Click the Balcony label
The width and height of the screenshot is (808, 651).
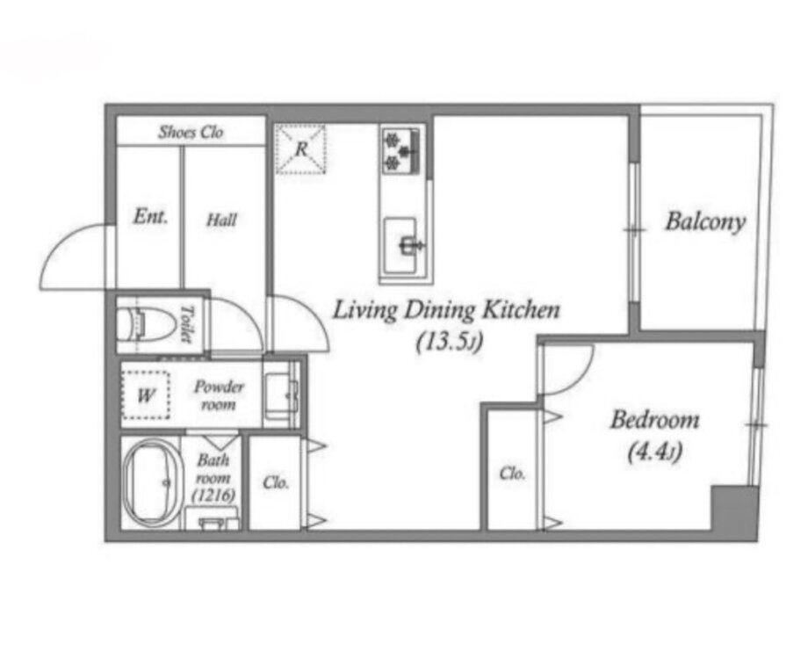[x=705, y=221]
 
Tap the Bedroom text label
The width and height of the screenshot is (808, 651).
[x=654, y=420]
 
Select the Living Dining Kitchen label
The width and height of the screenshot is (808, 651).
[x=446, y=310]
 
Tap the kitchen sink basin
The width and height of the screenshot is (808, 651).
[x=400, y=245]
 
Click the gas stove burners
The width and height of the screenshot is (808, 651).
[x=400, y=150]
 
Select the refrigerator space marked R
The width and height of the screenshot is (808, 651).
[x=301, y=148]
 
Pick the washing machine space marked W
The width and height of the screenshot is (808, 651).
[x=147, y=394]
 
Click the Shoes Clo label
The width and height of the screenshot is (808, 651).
[x=191, y=132]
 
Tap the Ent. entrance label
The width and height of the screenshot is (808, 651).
[x=150, y=216]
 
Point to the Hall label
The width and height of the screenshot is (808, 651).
[x=221, y=221]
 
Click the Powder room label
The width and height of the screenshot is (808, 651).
[x=219, y=394]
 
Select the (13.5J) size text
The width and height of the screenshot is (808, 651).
[x=450, y=342]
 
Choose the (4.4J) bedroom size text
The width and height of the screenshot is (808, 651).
[x=654, y=452]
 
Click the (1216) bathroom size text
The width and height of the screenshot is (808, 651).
[x=213, y=495]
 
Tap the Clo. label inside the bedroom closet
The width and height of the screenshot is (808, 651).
[x=512, y=474]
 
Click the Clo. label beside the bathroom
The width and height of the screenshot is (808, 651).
[x=276, y=482]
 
